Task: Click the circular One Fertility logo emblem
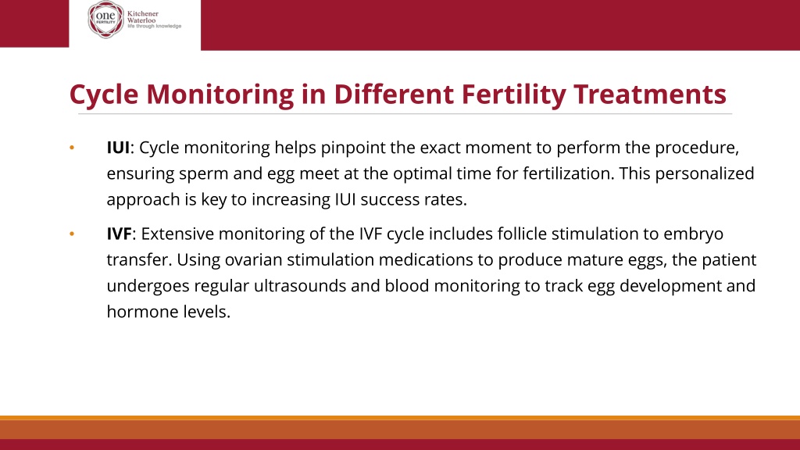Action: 105,20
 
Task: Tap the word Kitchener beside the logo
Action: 143,14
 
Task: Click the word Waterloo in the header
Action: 141,20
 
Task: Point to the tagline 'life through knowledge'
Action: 154,26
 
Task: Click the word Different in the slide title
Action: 394,94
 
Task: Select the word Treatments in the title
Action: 649,94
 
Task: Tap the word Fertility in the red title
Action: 513,95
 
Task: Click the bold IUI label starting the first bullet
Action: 118,148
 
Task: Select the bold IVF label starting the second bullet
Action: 119,234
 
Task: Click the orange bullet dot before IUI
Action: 72,148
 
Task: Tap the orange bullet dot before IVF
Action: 72,234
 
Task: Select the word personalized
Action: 705,174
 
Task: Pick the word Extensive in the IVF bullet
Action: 177,234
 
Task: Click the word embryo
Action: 694,234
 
